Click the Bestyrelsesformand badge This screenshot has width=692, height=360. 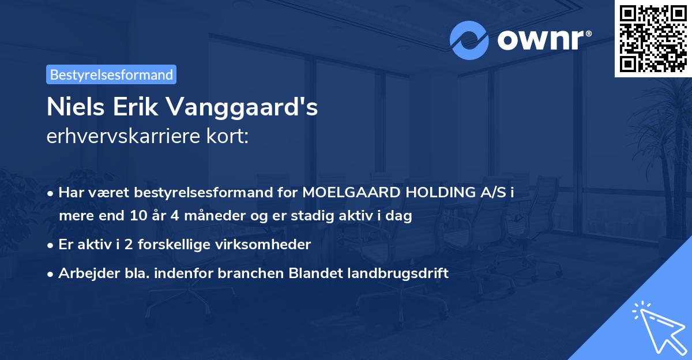111,74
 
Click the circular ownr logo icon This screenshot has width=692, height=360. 469,40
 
